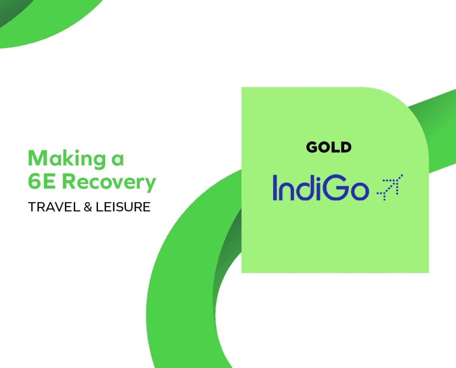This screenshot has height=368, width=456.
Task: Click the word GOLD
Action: pos(329,147)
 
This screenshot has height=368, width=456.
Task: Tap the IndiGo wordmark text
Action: pos(321,188)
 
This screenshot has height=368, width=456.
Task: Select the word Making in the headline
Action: pos(67,159)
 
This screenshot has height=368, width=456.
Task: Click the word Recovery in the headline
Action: pos(109,183)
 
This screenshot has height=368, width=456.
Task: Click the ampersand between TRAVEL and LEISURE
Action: pos(88,207)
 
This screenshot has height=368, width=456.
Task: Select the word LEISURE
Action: pos(123,207)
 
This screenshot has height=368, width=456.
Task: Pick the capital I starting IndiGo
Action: pos(275,188)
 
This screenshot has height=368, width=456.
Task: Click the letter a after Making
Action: pos(118,161)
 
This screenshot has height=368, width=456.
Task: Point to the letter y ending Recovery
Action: pos(149,185)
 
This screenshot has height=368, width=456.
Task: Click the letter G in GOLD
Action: pos(312,147)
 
